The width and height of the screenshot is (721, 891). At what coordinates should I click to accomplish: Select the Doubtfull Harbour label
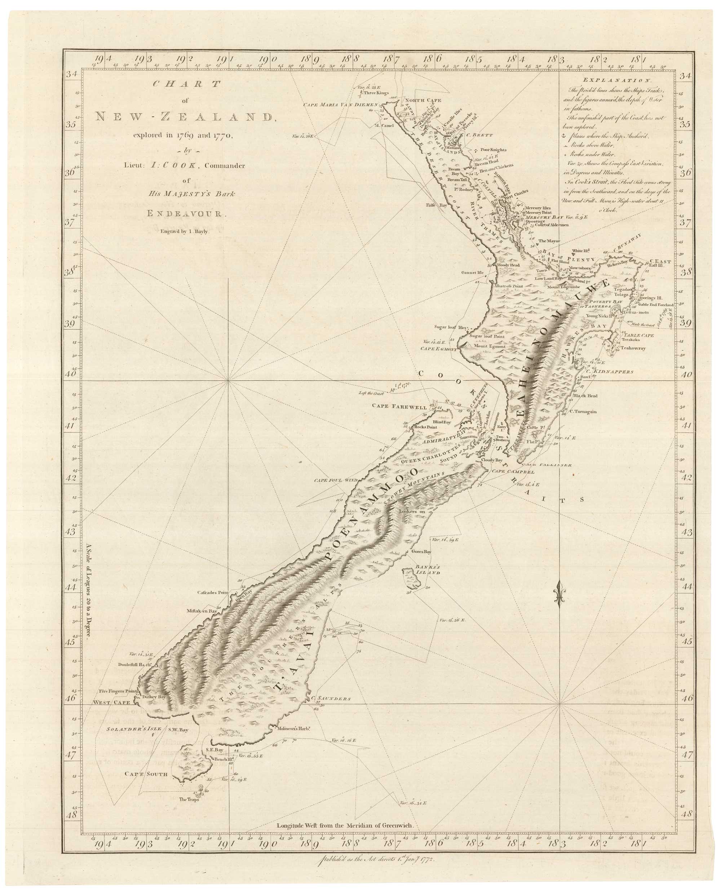[x=133, y=664]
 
